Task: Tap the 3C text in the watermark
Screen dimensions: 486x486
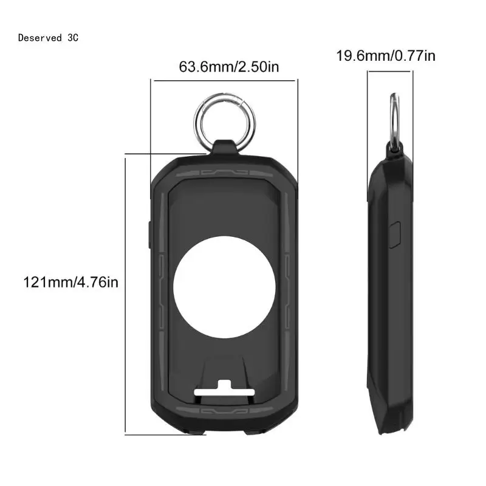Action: pyautogui.click(x=73, y=38)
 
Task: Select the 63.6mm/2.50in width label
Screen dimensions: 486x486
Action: pyautogui.click(x=229, y=66)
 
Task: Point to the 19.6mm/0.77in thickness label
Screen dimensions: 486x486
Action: pyautogui.click(x=386, y=56)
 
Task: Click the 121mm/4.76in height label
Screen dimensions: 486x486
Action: pyautogui.click(x=70, y=282)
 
